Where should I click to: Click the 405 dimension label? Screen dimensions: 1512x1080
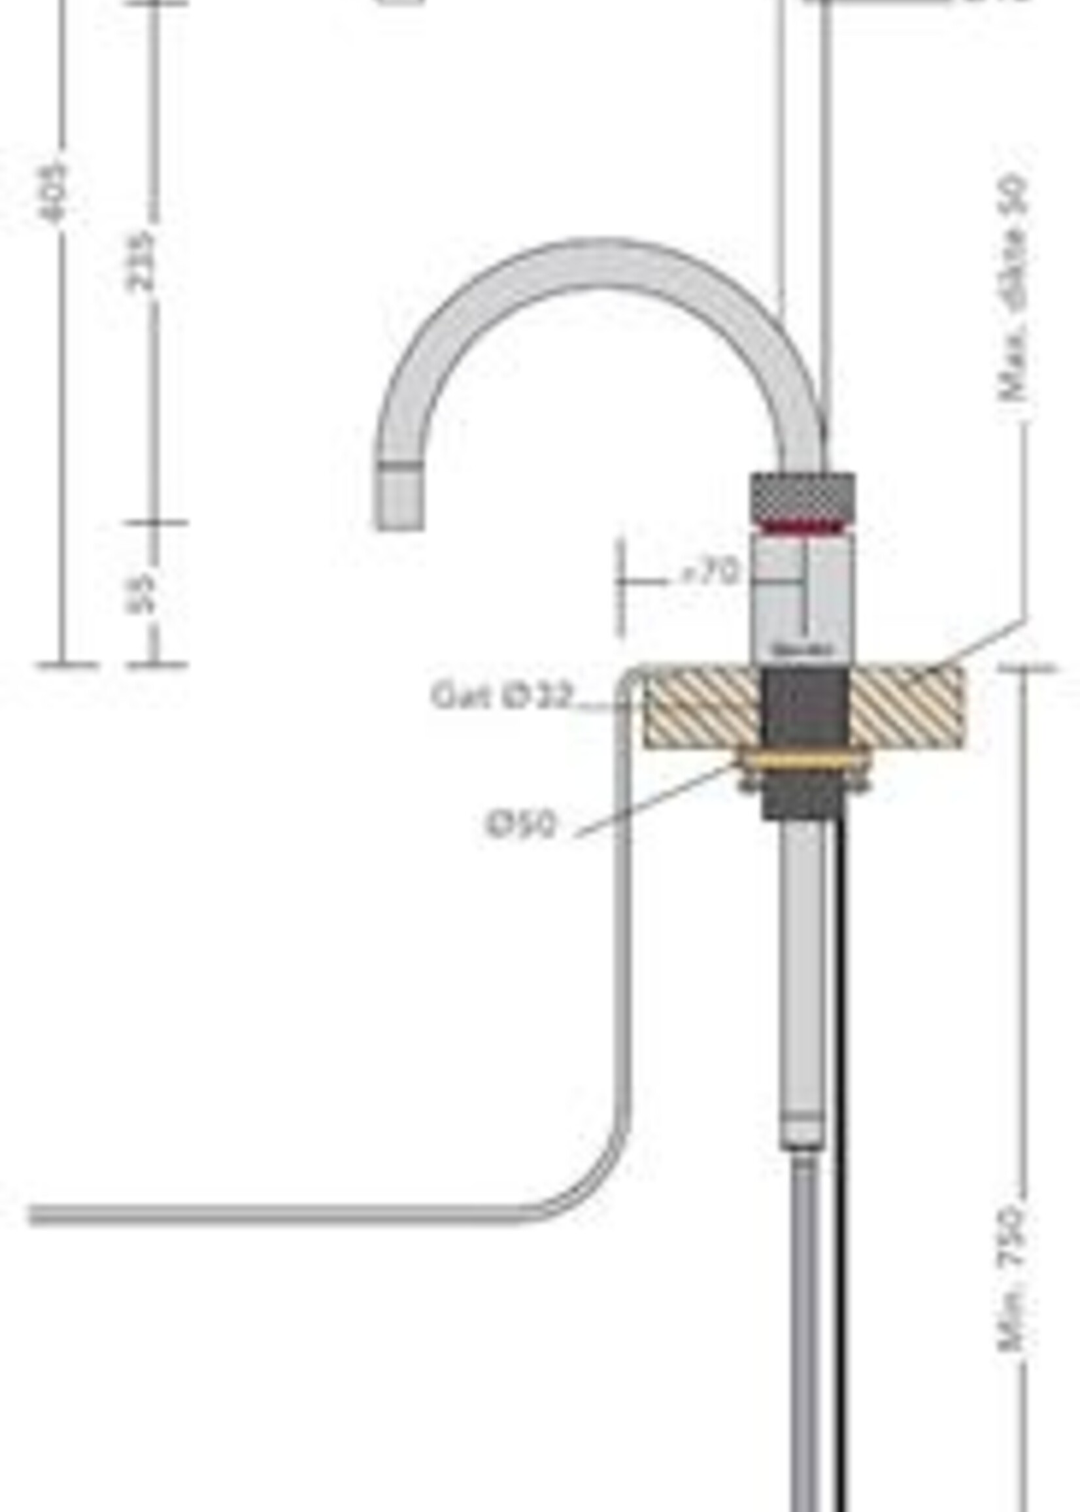pos(54,192)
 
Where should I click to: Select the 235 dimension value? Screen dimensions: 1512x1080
pos(141,261)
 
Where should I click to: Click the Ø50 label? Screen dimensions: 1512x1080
pos(520,825)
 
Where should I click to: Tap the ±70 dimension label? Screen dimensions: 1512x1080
pos(710,572)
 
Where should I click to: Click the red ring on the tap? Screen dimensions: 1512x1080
pos(803,528)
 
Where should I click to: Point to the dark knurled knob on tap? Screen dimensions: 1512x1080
pos(803,496)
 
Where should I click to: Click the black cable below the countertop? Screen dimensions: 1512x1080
pos(841,1130)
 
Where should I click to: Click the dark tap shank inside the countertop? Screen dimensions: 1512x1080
pos(804,706)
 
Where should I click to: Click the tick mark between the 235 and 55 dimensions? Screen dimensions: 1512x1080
pos(154,522)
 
